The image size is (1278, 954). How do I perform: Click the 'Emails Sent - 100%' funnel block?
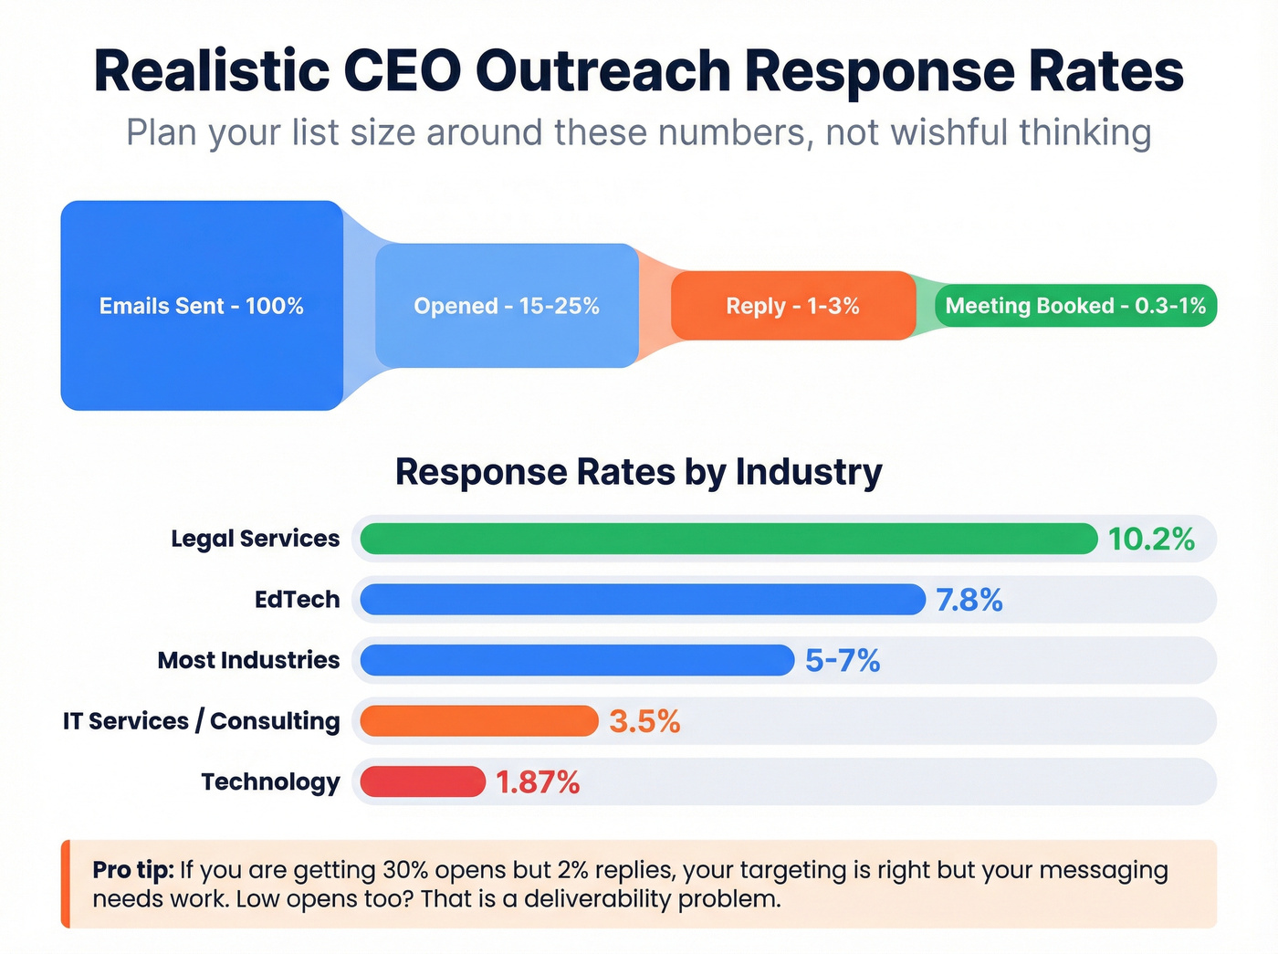pos(202,306)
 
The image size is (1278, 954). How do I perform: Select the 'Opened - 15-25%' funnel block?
pos(507,306)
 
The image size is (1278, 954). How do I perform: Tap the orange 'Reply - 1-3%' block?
pos(792,306)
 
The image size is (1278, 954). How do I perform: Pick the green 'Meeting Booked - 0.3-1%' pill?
pos(1075,306)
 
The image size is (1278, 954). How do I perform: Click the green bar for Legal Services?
pos(728,539)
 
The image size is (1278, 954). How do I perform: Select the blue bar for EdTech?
pos(643,600)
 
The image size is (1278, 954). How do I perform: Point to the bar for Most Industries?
pos(577,660)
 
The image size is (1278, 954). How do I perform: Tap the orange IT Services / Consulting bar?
pos(479,721)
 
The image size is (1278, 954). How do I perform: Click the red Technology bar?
pos(423,782)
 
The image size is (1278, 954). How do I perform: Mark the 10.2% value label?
pos(1151,540)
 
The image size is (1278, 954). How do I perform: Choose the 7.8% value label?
pos(969,601)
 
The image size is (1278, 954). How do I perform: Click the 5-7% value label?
pos(843,661)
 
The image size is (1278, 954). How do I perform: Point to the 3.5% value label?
pos(644,722)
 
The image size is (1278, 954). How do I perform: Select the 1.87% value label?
pos(538,782)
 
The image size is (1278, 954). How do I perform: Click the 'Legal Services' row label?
pos(255,539)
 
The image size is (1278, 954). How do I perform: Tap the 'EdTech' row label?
pos(297,600)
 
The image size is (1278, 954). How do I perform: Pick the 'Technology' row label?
pos(270,782)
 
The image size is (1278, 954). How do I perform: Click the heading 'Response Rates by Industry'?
pos(638,472)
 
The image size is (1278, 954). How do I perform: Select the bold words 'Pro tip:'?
pos(132,870)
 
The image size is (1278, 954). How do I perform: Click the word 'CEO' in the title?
pos(402,71)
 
